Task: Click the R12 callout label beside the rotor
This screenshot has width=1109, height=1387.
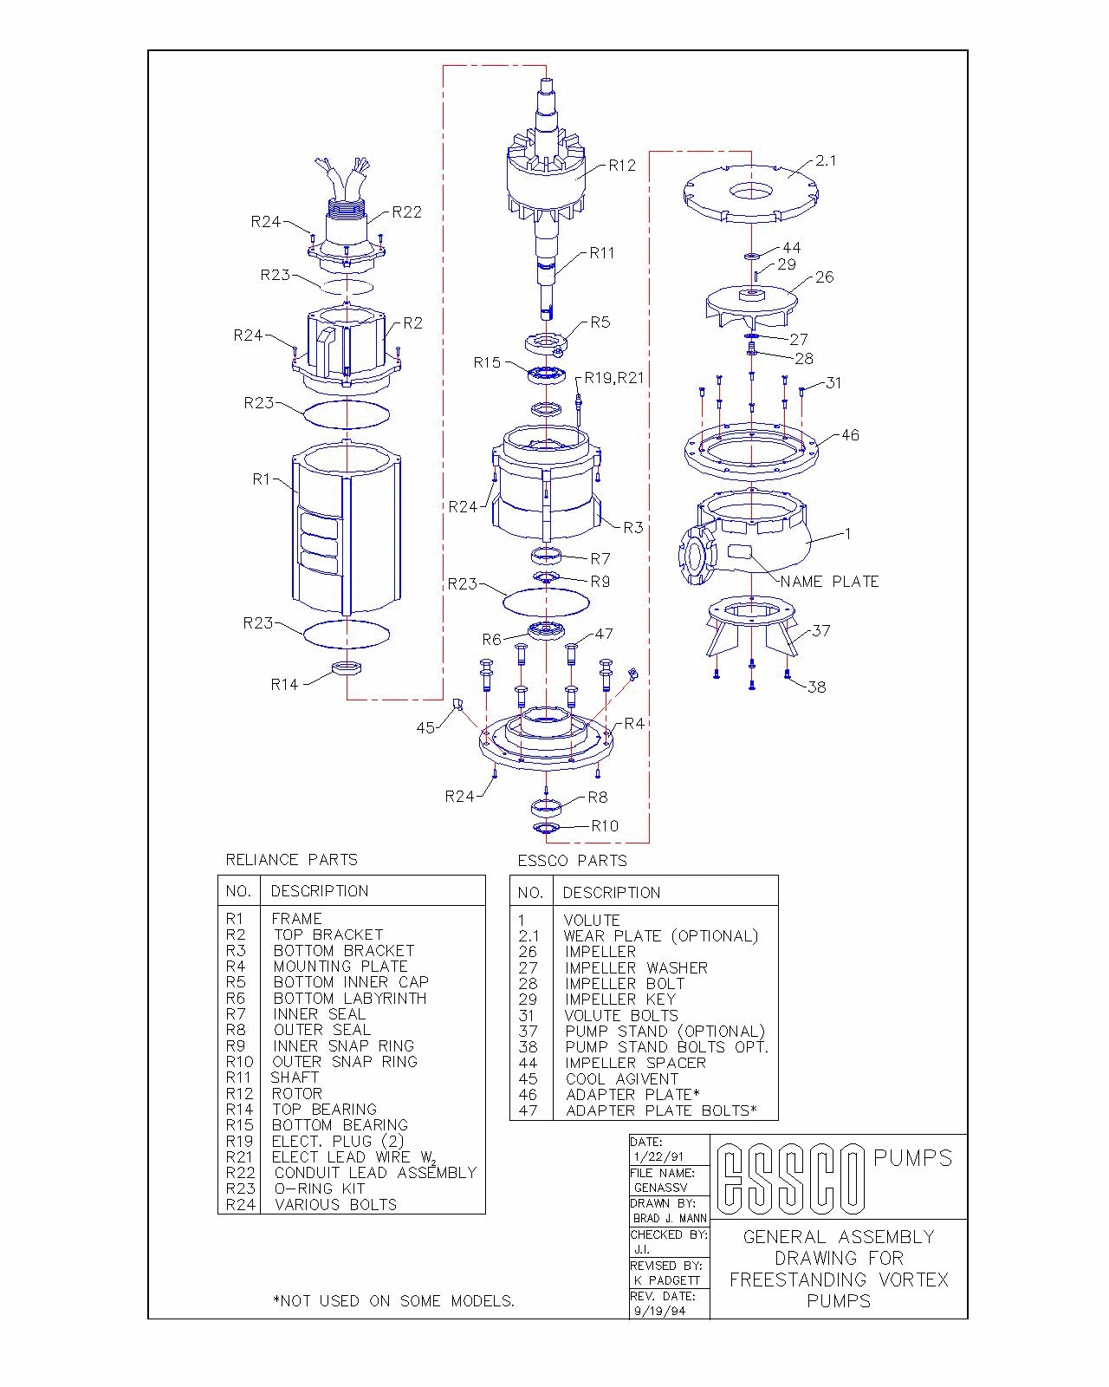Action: click(x=622, y=166)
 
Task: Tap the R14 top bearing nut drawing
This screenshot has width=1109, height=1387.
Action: click(x=346, y=667)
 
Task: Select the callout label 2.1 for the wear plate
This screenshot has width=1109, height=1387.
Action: click(x=826, y=160)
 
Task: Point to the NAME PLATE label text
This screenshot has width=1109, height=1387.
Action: click(x=829, y=582)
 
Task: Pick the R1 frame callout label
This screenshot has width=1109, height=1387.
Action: click(x=261, y=479)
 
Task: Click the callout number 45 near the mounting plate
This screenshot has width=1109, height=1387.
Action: click(x=425, y=727)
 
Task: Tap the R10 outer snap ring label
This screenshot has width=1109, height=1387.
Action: click(x=605, y=825)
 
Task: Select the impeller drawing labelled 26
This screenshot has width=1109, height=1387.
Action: click(x=751, y=309)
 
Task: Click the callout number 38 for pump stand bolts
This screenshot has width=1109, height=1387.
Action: click(x=816, y=687)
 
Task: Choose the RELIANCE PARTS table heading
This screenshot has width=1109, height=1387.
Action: click(x=291, y=859)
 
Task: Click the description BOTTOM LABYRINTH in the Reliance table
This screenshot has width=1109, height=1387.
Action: click(x=350, y=999)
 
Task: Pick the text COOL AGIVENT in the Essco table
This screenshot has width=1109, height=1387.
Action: click(x=622, y=1079)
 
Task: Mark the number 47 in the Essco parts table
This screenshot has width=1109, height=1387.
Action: click(x=528, y=1110)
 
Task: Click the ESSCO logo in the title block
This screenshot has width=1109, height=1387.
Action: click(x=790, y=1179)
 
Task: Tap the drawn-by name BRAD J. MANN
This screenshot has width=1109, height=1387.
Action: click(x=671, y=1218)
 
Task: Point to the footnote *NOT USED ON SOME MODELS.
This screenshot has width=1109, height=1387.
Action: click(x=393, y=1300)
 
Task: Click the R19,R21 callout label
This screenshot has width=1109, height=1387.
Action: click(x=614, y=378)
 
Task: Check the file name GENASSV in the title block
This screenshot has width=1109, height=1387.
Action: click(x=660, y=1188)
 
